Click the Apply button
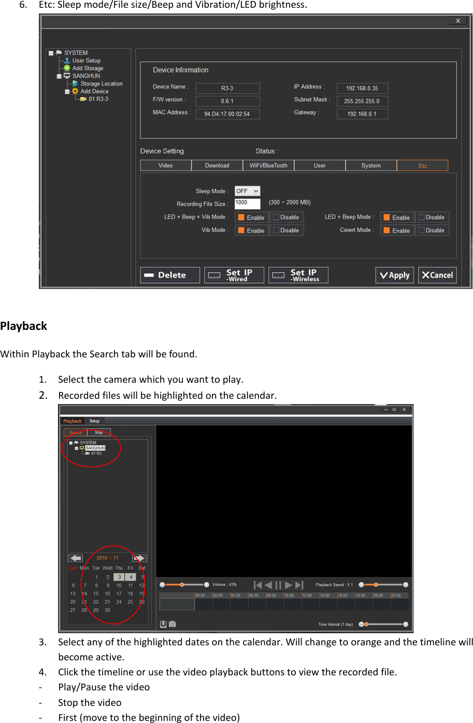395,275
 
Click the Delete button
170,275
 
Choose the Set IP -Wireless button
298,275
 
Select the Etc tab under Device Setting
422,166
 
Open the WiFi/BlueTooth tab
268,166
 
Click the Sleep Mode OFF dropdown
247,191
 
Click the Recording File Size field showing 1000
247,203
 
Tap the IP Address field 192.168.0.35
362,88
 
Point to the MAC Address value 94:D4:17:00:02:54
227,114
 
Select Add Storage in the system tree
88,68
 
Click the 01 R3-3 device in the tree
98,99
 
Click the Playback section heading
23,326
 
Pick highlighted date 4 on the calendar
131,577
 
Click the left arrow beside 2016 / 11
76,558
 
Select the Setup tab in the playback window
94,421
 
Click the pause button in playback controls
278,585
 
